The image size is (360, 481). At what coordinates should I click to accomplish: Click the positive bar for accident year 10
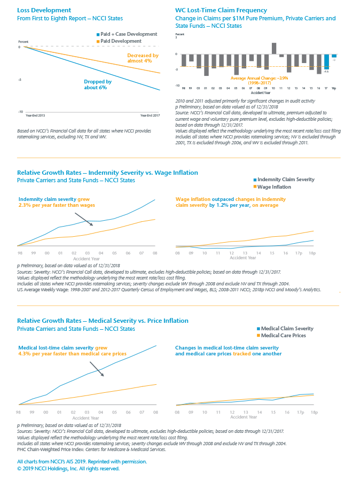[x=274, y=48]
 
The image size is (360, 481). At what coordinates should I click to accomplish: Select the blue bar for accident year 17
[x=326, y=61]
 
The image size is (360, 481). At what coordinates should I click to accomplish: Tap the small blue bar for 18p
[x=334, y=56]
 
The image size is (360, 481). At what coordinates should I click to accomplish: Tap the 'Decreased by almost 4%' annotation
[x=143, y=58]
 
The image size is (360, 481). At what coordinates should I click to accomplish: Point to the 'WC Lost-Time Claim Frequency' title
[x=221, y=10]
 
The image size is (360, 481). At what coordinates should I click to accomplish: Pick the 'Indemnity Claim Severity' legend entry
[x=286, y=180]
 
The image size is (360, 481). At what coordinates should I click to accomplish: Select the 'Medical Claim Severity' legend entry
[x=285, y=328]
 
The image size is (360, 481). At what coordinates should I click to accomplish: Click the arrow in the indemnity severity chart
[x=84, y=219]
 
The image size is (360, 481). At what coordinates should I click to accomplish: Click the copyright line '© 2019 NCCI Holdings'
[x=68, y=468]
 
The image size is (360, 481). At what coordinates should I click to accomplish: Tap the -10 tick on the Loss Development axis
[x=19, y=112]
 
